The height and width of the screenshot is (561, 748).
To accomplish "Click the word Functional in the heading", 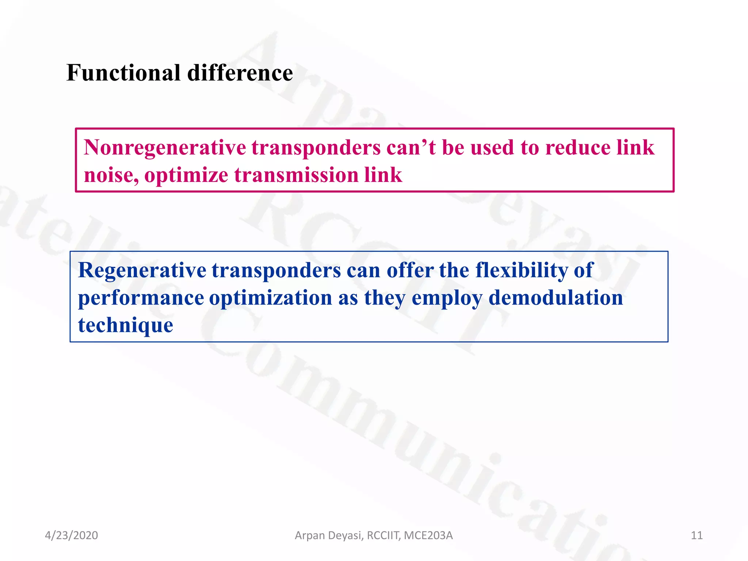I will [x=123, y=73].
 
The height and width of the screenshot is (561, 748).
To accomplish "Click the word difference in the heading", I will [x=240, y=73].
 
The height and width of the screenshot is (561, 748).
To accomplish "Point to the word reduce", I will [x=577, y=148].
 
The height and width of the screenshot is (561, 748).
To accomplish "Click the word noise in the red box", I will [x=111, y=175].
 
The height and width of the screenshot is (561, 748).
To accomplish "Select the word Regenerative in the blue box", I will [x=142, y=271].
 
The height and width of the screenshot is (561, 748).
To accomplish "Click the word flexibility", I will [x=521, y=271].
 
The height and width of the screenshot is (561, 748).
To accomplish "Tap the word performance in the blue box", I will [x=141, y=298].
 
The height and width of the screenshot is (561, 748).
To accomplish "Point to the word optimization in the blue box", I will [x=271, y=298].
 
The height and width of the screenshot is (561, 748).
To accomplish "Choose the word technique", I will [x=126, y=325].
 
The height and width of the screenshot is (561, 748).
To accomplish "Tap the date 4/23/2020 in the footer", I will [x=71, y=535].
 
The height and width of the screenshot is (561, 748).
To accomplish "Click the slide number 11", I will [x=697, y=535].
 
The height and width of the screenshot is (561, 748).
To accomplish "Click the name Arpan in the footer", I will [x=309, y=536].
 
